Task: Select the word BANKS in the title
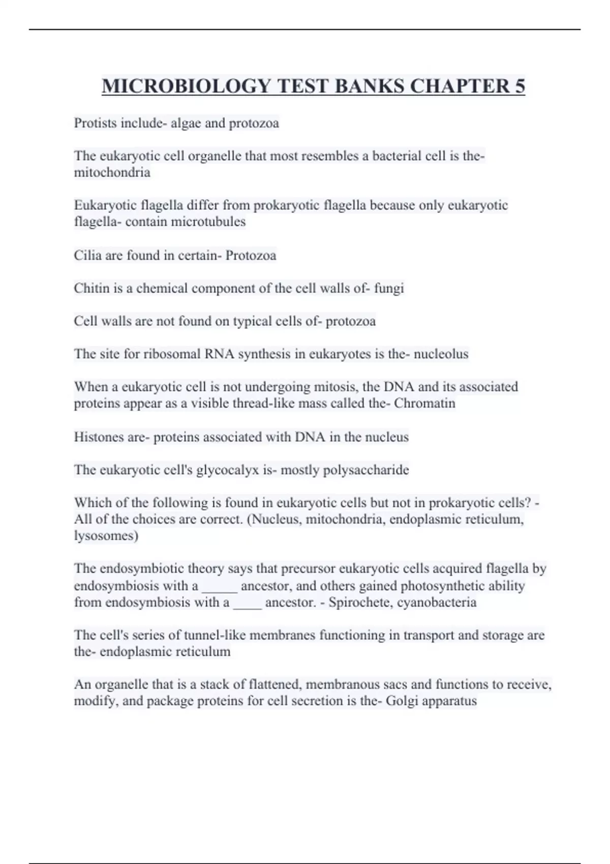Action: pyautogui.click(x=370, y=86)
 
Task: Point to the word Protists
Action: pyautogui.click(x=95, y=123)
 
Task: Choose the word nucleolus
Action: pyautogui.click(x=441, y=354)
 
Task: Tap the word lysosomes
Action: pyautogui.click(x=106, y=536)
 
